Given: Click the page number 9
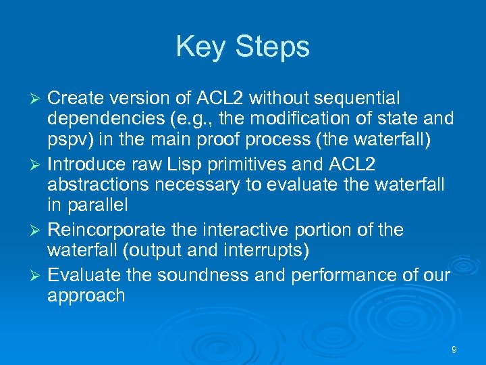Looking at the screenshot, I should [454, 349].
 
